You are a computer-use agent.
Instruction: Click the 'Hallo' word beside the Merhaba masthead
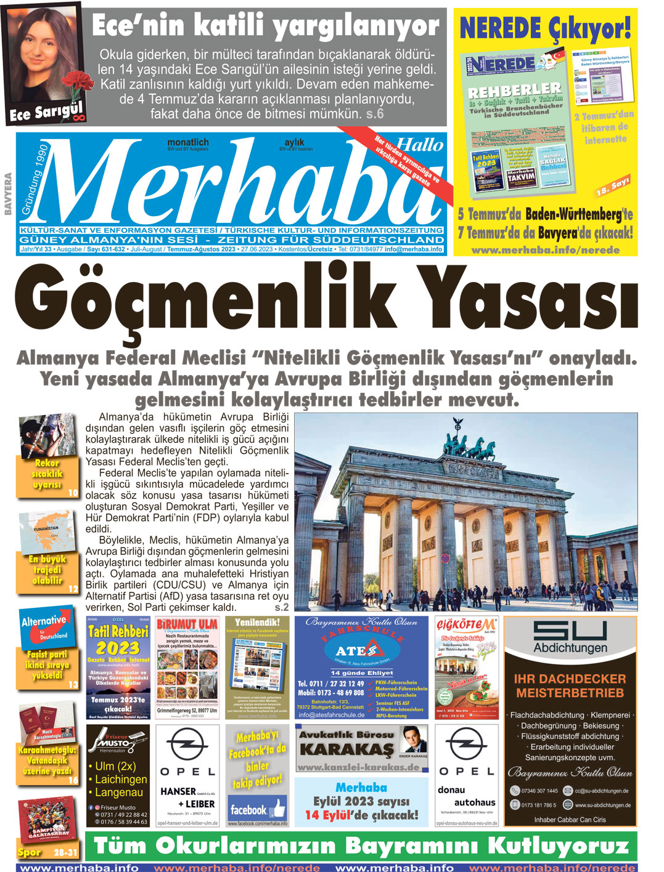[419, 145]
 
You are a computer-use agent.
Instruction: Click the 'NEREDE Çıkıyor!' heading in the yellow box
[545, 27]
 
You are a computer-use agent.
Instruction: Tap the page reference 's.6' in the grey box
[375, 114]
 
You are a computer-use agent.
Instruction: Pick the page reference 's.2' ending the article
[281, 607]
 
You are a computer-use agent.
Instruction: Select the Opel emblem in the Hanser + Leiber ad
[187, 745]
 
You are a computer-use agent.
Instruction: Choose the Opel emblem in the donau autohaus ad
[466, 745]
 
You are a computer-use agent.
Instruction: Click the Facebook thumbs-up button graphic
[278, 807]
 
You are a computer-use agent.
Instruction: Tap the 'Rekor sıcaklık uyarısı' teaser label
[47, 474]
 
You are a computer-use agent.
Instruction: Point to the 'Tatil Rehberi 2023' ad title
[118, 640]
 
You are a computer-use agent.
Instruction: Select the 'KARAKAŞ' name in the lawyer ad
[346, 749]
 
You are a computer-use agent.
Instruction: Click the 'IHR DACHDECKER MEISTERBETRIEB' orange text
[570, 685]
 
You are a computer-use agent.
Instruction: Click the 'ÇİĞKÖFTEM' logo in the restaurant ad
[466, 624]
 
